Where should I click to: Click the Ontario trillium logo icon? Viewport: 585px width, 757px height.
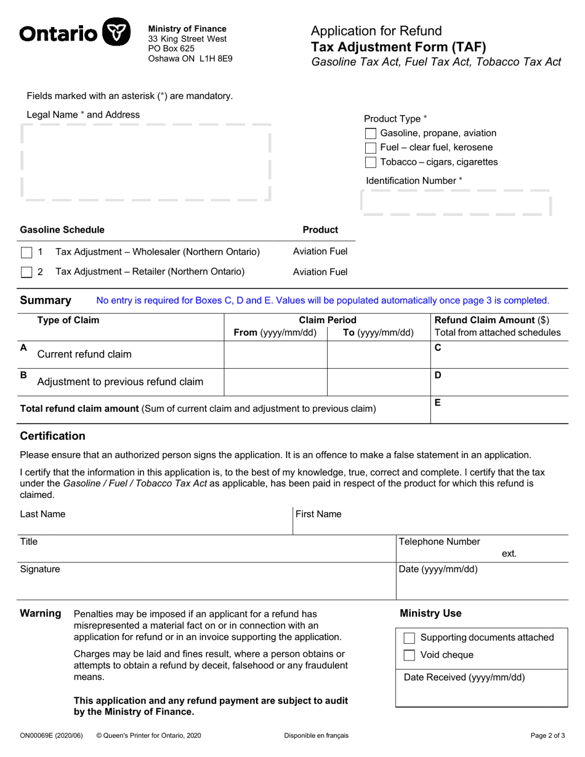[116, 31]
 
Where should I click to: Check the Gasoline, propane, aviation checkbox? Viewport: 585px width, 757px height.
[371, 134]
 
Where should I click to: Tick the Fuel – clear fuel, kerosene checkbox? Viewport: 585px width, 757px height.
[371, 148]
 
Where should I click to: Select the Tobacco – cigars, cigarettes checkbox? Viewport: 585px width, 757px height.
[371, 162]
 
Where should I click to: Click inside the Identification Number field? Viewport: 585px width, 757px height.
[455, 202]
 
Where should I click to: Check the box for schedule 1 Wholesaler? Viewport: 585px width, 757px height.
[26, 252]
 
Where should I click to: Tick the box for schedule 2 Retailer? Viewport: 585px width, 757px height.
[26, 272]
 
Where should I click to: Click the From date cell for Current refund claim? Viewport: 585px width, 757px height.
[275, 354]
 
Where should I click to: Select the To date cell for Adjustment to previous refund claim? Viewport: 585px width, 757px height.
[379, 382]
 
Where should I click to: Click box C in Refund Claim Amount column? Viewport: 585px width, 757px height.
[498, 354]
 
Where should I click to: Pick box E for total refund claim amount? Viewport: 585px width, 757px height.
[498, 409]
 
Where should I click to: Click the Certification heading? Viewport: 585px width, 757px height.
[53, 436]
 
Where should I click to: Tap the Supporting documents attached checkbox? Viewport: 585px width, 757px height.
[409, 638]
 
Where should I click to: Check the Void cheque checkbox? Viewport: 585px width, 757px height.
[409, 655]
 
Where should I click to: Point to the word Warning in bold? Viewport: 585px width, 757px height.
[41, 613]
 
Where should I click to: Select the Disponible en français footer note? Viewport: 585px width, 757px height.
[316, 735]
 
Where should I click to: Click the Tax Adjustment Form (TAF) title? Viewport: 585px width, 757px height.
[398, 47]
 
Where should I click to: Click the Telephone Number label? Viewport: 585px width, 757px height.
[440, 542]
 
